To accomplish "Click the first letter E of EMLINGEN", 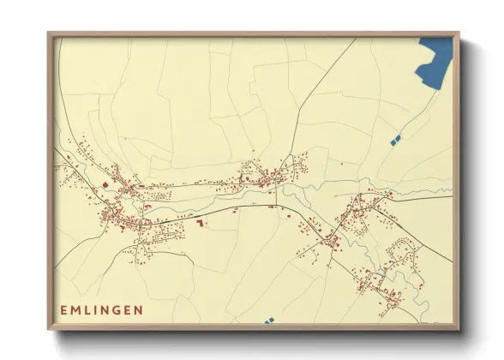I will (x=63, y=309).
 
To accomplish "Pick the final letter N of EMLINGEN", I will (x=140, y=309).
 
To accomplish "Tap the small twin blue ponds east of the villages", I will (x=394, y=139).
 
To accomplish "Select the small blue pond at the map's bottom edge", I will (x=269, y=321).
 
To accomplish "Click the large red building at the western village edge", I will (x=105, y=183).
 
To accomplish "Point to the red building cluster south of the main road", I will (x=201, y=223).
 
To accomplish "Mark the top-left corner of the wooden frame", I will (x=49, y=33).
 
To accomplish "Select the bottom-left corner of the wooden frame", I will (x=49, y=329).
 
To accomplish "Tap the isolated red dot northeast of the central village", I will (x=341, y=163).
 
